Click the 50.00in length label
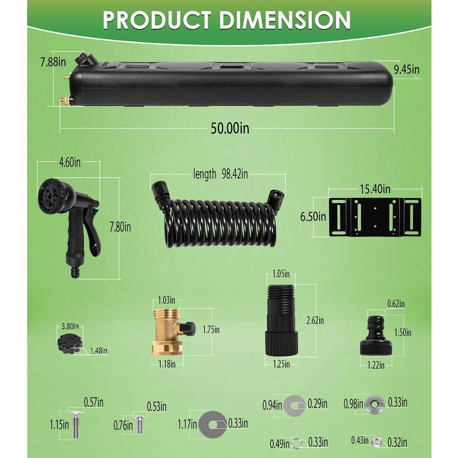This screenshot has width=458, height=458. click(230, 128)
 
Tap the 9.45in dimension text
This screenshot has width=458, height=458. click(406, 70)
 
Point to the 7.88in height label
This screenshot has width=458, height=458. click(53, 62)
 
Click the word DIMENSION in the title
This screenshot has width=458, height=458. click(284, 20)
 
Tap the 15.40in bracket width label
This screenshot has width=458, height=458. click(375, 189)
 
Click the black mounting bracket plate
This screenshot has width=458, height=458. click(375, 217)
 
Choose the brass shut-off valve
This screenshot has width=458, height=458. click(171, 332)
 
